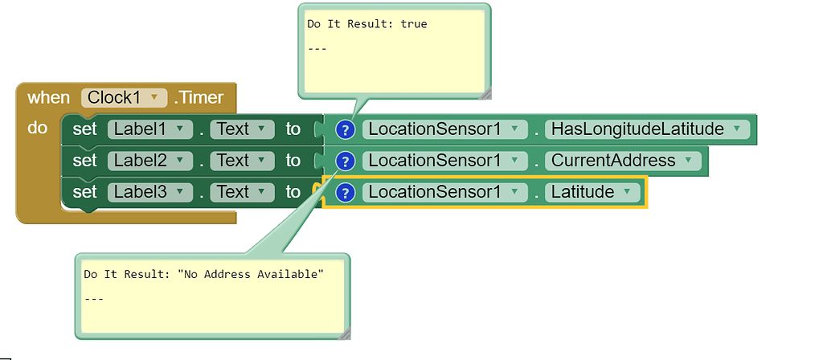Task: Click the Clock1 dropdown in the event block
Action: click(124, 98)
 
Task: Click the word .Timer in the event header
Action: click(199, 98)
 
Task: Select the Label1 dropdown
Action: click(149, 129)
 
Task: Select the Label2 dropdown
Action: click(149, 161)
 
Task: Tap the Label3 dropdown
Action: click(149, 192)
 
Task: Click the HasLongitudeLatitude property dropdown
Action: click(647, 129)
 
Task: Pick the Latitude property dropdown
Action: click(592, 192)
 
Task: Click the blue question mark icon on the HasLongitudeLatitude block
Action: click(345, 129)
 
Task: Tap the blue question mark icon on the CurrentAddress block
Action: click(345, 161)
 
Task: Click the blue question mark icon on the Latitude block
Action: click(345, 192)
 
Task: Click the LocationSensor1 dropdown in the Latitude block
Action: click(444, 192)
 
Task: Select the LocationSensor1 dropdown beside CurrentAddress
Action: click(444, 161)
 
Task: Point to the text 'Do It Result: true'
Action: click(366, 24)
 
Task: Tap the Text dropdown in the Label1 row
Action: click(241, 129)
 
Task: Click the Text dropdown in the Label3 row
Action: click(241, 192)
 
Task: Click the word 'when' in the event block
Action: click(48, 98)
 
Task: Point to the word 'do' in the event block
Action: click(38, 128)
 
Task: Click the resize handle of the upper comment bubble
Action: click(485, 94)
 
